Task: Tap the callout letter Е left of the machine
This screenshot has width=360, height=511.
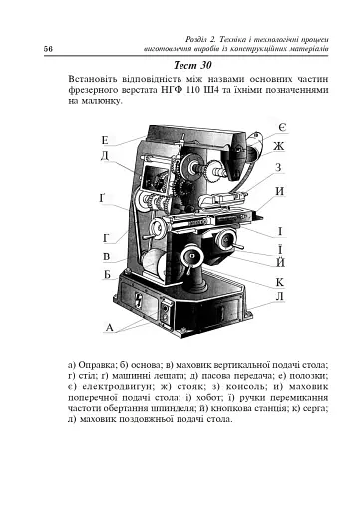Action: point(105,142)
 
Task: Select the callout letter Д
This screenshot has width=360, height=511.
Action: point(105,156)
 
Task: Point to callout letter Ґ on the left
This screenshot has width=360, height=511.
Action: point(104,198)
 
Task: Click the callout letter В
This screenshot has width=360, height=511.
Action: point(106,257)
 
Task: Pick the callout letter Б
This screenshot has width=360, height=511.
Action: point(106,274)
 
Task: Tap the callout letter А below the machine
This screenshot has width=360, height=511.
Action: point(109,327)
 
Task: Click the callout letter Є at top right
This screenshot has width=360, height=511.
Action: point(283,129)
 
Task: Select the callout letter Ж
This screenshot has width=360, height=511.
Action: point(280,147)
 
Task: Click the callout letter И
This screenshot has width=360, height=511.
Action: point(280,190)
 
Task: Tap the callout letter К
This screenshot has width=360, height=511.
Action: point(280,282)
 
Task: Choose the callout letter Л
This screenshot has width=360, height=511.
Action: point(280,297)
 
